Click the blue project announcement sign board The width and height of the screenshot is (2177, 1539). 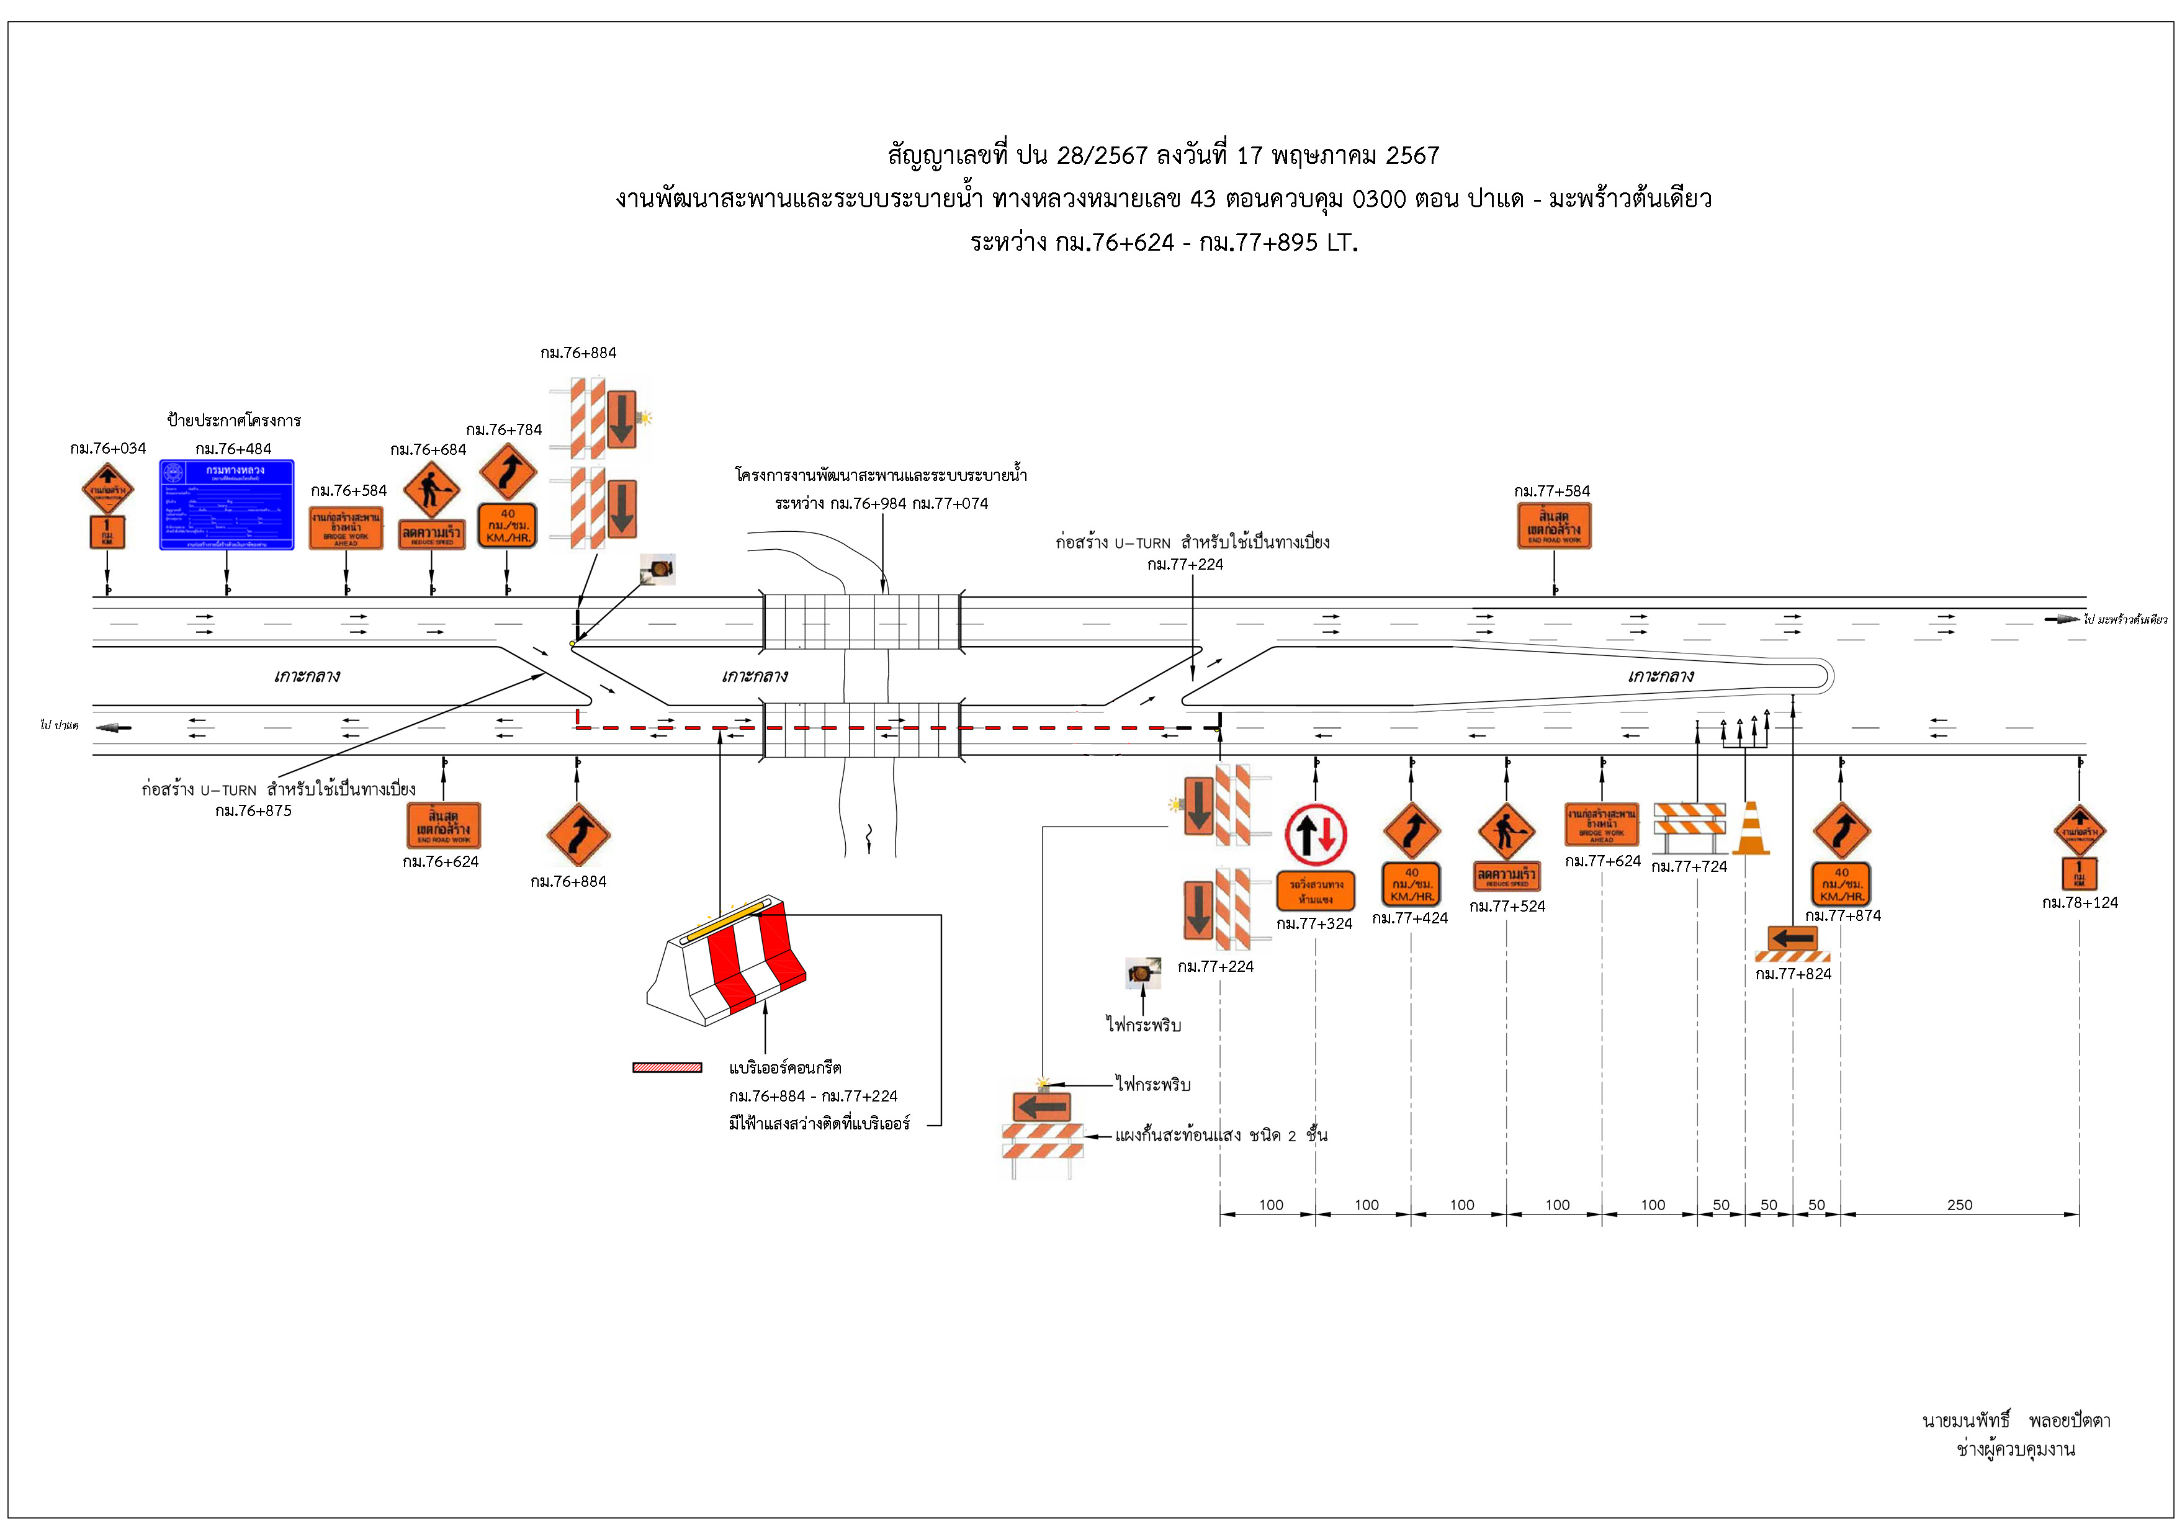click(227, 505)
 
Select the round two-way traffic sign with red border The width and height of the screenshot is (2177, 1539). click(1315, 835)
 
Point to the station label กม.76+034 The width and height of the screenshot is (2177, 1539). click(108, 449)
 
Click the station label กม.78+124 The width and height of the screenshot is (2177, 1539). click(2080, 903)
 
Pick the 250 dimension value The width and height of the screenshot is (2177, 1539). click(1959, 1205)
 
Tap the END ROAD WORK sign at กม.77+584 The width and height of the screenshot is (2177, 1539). click(1553, 526)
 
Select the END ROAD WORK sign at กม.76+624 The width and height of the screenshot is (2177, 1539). click(443, 825)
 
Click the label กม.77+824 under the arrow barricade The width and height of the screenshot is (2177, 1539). click(1793, 974)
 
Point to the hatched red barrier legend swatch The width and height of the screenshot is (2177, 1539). click(668, 1068)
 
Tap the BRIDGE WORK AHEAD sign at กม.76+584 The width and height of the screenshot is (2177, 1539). click(346, 528)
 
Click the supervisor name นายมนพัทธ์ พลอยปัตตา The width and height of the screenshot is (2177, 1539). click(2016, 1420)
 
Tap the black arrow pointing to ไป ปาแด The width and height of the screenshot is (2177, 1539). click(114, 727)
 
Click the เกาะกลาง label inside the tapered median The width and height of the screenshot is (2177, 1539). click(1659, 676)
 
